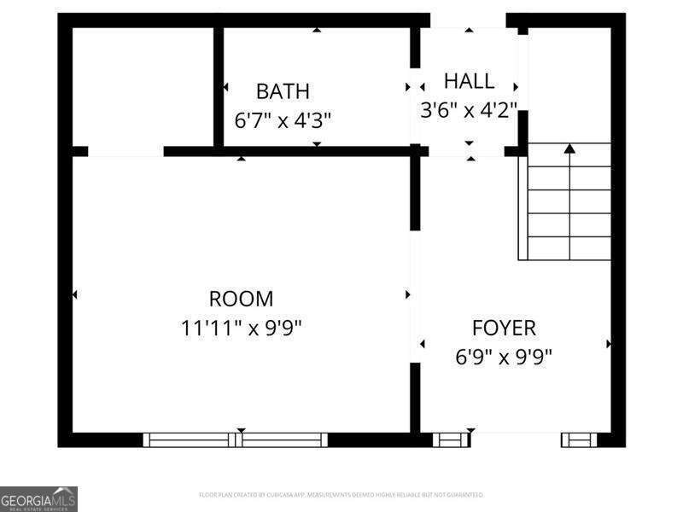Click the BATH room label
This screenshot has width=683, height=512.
(x=283, y=91)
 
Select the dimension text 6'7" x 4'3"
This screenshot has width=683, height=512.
(x=283, y=119)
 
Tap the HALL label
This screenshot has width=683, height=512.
(x=469, y=82)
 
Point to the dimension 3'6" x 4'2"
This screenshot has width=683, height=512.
(x=469, y=109)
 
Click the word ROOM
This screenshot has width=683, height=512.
(x=241, y=300)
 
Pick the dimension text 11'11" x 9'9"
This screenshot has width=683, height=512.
(x=241, y=328)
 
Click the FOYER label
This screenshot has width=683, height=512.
(x=504, y=328)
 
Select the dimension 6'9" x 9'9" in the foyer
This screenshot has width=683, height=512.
(x=504, y=356)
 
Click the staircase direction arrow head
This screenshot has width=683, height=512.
(x=569, y=148)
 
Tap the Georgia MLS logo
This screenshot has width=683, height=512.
(x=38, y=498)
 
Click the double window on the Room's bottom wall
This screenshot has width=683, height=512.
(x=236, y=440)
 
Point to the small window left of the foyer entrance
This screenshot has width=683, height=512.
(x=450, y=440)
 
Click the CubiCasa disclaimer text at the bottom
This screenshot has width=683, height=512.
(x=341, y=495)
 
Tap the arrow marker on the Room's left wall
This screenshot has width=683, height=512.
(x=75, y=294)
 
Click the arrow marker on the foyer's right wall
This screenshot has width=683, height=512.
(x=609, y=344)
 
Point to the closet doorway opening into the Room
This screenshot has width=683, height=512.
(x=126, y=152)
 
